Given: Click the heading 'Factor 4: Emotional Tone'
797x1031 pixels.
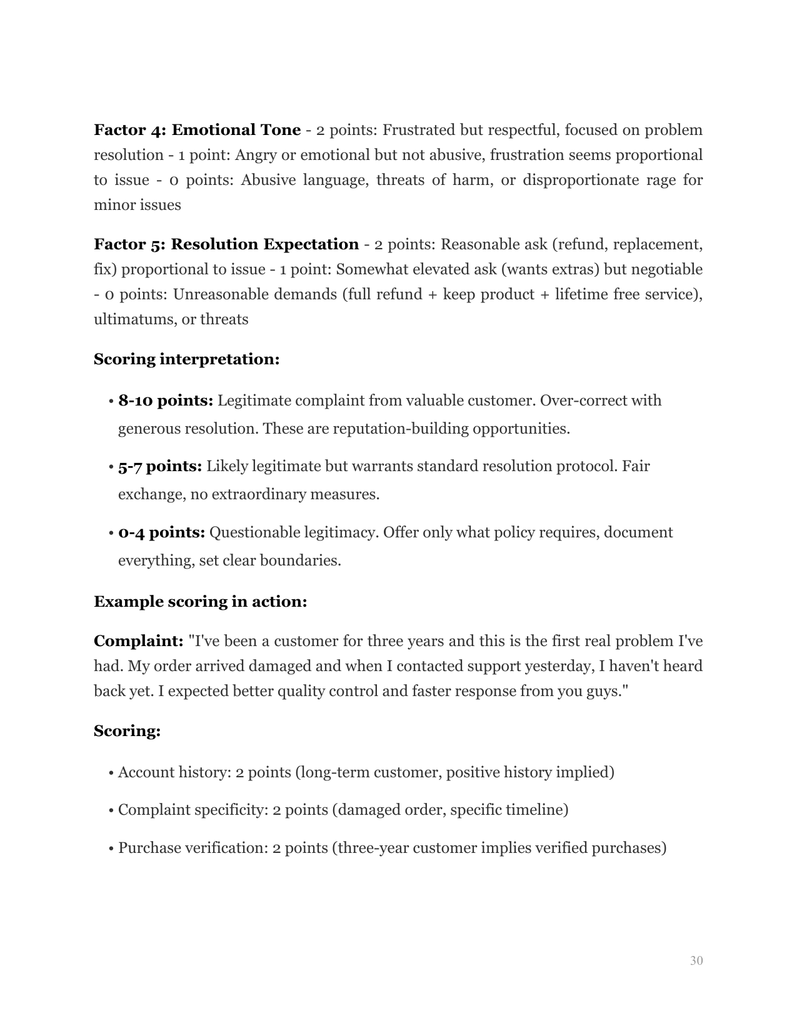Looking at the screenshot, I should (x=197, y=130).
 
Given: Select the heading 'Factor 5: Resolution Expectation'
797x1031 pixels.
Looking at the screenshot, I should (x=226, y=244).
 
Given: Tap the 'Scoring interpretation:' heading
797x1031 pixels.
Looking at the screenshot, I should (x=186, y=359).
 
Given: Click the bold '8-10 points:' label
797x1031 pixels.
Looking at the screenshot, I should (x=166, y=401).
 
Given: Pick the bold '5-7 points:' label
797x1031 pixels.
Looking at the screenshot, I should (x=160, y=466).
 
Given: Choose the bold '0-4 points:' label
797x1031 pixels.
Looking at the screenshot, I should (x=162, y=532).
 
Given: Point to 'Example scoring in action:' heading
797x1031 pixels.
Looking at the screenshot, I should (x=200, y=602).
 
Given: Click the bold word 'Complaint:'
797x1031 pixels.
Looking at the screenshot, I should (x=138, y=641).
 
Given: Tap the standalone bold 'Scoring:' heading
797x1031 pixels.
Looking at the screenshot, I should (x=127, y=730).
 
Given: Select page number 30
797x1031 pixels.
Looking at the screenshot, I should (x=696, y=960).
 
